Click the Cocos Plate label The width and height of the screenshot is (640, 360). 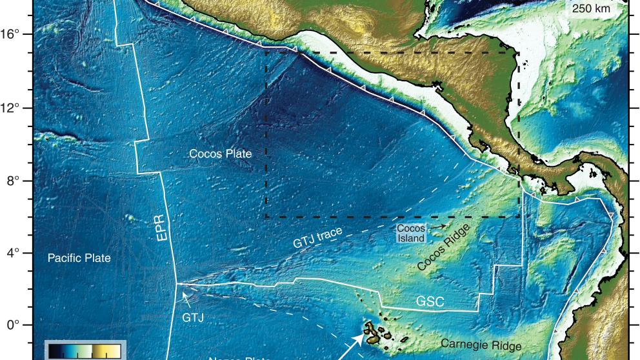click(x=220, y=154)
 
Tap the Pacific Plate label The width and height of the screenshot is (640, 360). click(x=79, y=258)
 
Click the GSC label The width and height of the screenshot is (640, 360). click(x=430, y=302)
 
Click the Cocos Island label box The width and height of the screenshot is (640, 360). click(x=410, y=234)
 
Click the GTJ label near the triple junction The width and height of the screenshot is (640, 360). click(x=194, y=317)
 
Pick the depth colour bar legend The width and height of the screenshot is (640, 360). click(x=82, y=350)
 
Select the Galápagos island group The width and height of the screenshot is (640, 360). click(x=377, y=332)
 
